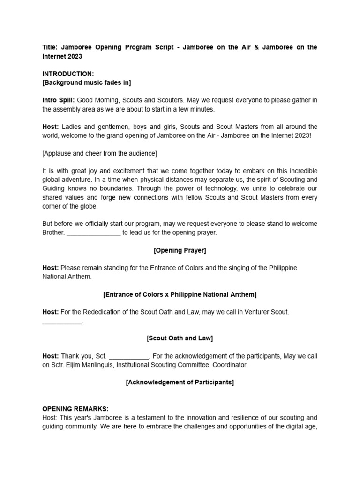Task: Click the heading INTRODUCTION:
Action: pos(68,74)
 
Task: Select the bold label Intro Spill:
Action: pos(59,100)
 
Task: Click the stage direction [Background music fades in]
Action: pos(87,83)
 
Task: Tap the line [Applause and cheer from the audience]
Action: pos(99,153)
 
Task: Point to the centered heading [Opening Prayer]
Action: pos(180,250)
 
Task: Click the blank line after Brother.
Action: pos(94,232)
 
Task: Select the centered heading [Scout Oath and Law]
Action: pos(180,338)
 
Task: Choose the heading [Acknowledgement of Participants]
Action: pos(180,382)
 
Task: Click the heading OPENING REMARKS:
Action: pos(75,409)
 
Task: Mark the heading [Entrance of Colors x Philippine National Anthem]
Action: pos(180,294)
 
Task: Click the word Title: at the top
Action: pos(50,47)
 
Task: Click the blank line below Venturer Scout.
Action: pos(62,322)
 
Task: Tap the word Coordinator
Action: pos(230,365)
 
